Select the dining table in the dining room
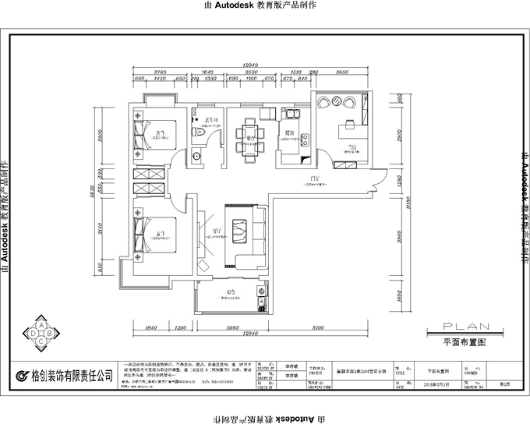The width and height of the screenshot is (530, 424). [x=250, y=136]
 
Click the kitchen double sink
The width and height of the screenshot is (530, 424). [x=306, y=141]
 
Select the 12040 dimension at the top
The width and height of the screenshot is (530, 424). [x=250, y=65]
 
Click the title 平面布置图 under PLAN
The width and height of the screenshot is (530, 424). [x=465, y=341]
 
